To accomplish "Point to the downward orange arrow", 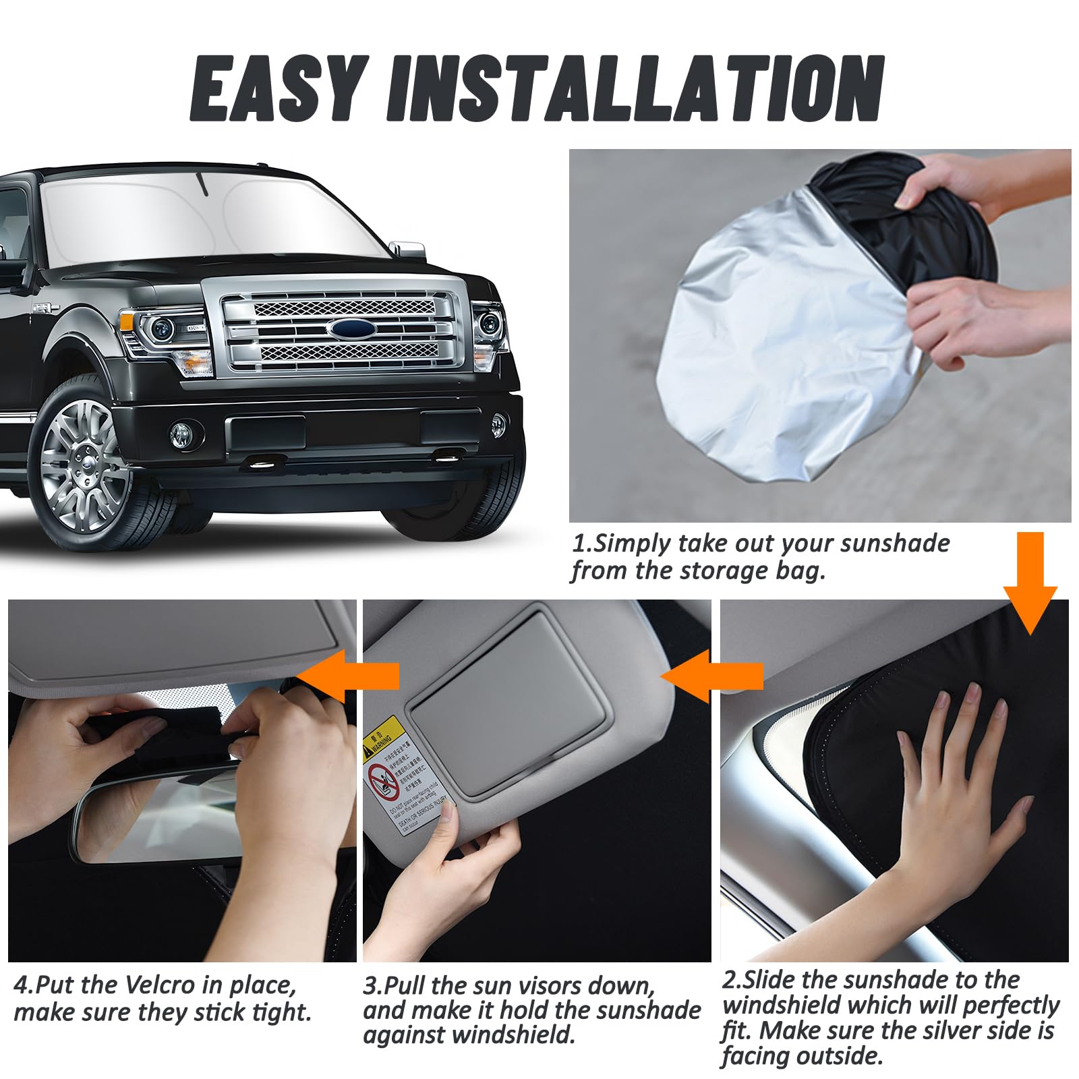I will coord(1030,580).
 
